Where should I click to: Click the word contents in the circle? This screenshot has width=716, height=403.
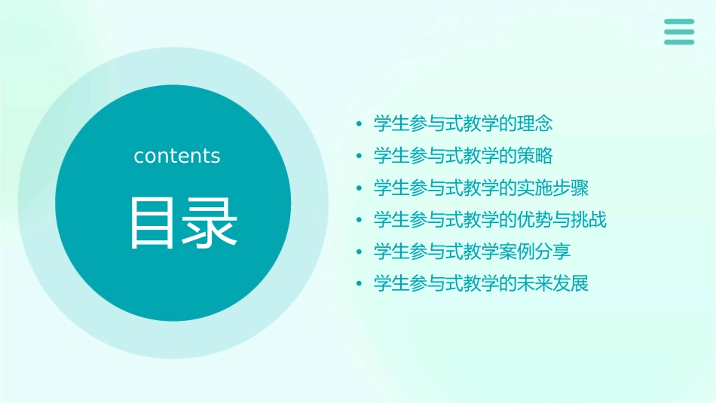(x=177, y=156)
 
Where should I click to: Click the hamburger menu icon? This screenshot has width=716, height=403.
(x=679, y=32)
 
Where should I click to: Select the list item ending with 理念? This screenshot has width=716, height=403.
(x=464, y=123)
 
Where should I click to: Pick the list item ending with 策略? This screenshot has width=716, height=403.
(x=464, y=155)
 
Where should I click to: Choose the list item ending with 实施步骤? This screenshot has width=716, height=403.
(x=482, y=187)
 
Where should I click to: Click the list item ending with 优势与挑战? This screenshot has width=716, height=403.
(x=490, y=219)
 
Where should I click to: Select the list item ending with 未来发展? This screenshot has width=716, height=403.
(x=482, y=283)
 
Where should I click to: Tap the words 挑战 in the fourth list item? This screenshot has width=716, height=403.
(x=589, y=219)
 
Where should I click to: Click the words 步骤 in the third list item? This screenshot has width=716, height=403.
(x=571, y=187)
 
